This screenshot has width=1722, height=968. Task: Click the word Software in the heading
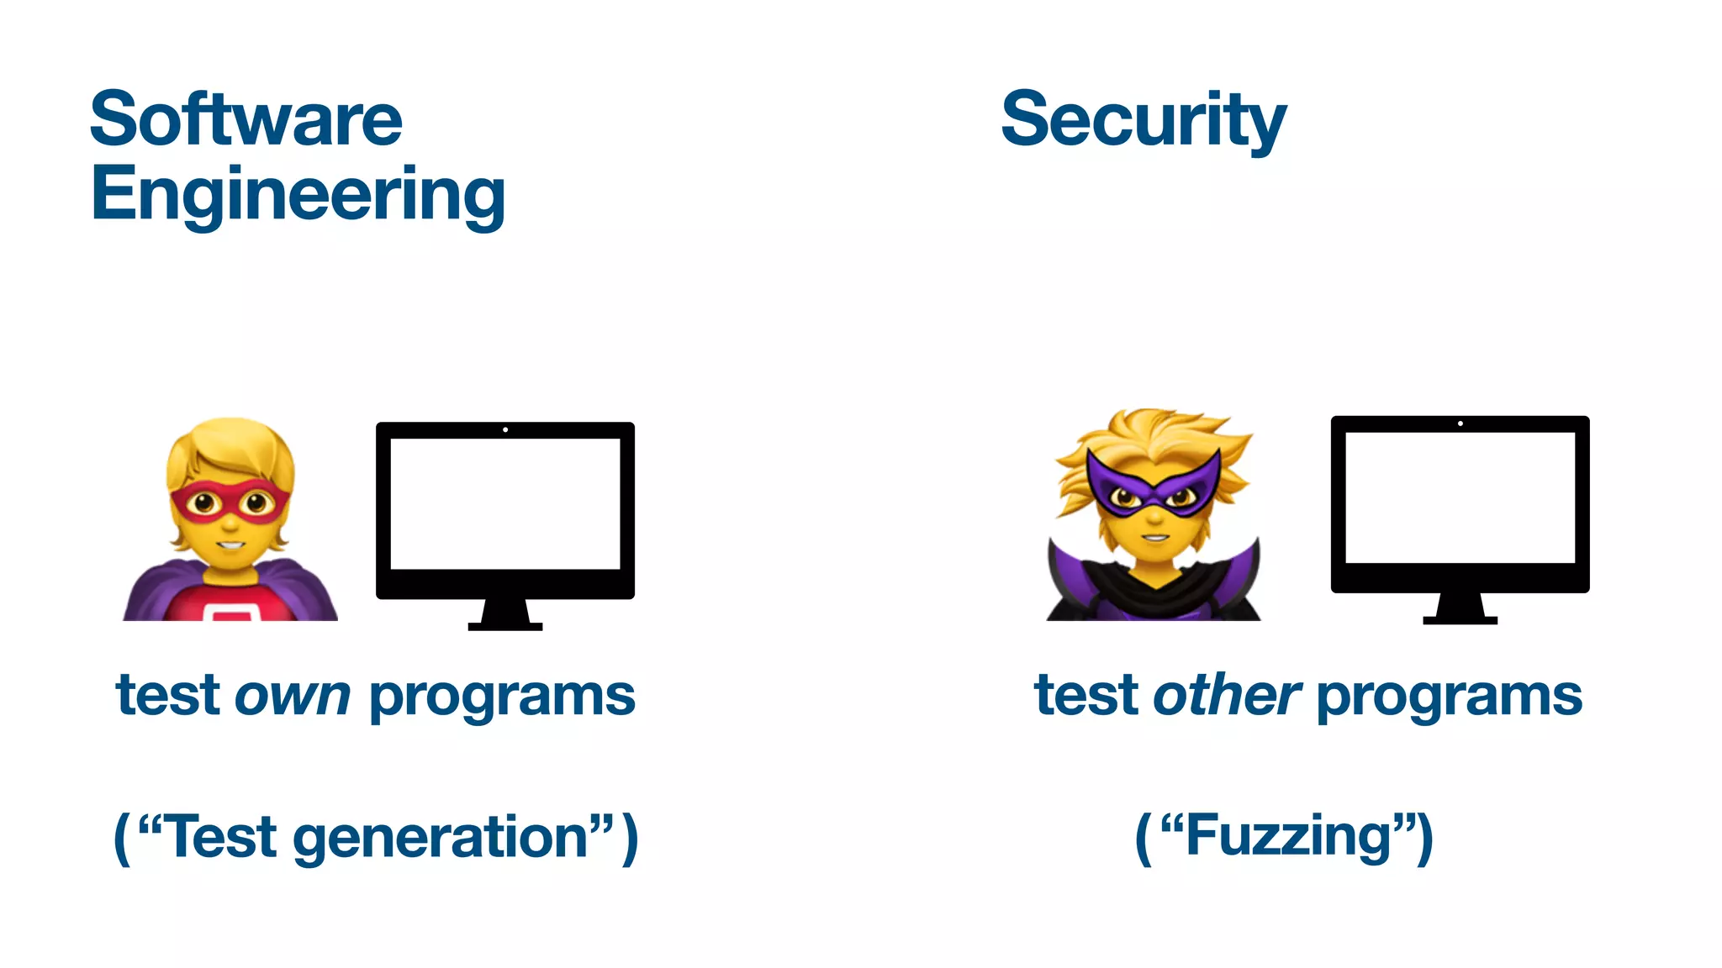coord(246,119)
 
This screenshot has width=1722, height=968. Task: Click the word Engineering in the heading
coord(298,194)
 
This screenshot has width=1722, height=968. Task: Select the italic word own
coord(293,697)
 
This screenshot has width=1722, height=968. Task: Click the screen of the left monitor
coord(504,504)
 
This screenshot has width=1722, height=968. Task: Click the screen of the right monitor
coord(1460,497)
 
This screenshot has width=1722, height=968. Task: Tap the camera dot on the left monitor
coord(505,429)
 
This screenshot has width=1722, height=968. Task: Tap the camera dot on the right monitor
coord(1461,423)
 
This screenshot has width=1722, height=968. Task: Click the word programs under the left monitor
coord(502,698)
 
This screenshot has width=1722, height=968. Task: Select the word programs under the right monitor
coord(1450,698)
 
